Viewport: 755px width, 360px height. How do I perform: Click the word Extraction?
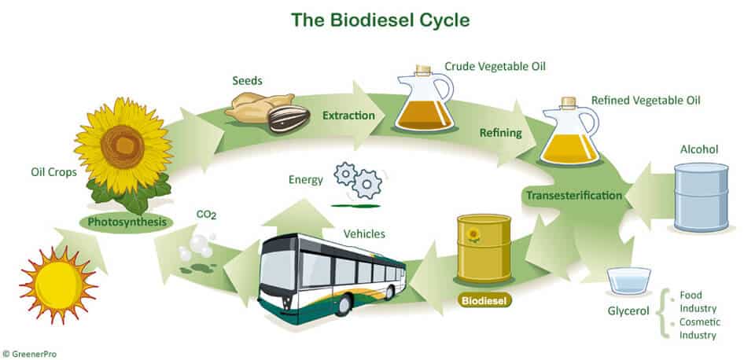pyautogui.click(x=348, y=116)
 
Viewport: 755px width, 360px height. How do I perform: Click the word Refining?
pyautogui.click(x=501, y=133)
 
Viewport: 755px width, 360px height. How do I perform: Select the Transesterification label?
pyautogui.click(x=574, y=195)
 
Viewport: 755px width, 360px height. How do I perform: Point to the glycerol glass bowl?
pyautogui.click(x=628, y=280)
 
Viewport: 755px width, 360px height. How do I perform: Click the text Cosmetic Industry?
pyautogui.click(x=699, y=329)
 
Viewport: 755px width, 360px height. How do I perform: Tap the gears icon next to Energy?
pyautogui.click(x=358, y=180)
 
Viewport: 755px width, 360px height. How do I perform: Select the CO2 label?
pyautogui.click(x=206, y=215)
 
